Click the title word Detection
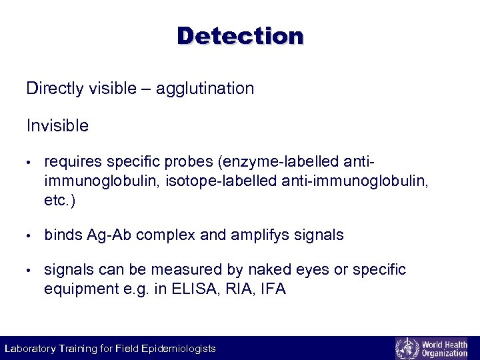(240, 35)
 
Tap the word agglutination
(205, 89)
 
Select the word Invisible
(57, 125)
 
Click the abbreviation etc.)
(59, 200)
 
